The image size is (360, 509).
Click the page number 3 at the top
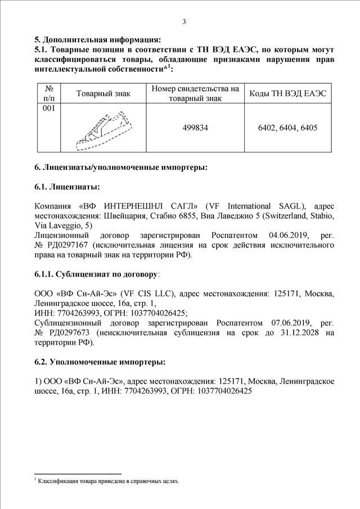[184, 21]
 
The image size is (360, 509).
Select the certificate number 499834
[195, 128]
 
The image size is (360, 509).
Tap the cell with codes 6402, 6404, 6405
[287, 128]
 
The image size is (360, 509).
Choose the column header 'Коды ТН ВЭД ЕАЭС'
[287, 93]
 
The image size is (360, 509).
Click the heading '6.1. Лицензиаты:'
[67, 186]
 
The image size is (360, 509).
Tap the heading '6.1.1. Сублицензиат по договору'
[97, 274]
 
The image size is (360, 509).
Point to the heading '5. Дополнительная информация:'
[97, 39]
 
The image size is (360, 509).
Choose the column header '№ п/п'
[48, 93]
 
